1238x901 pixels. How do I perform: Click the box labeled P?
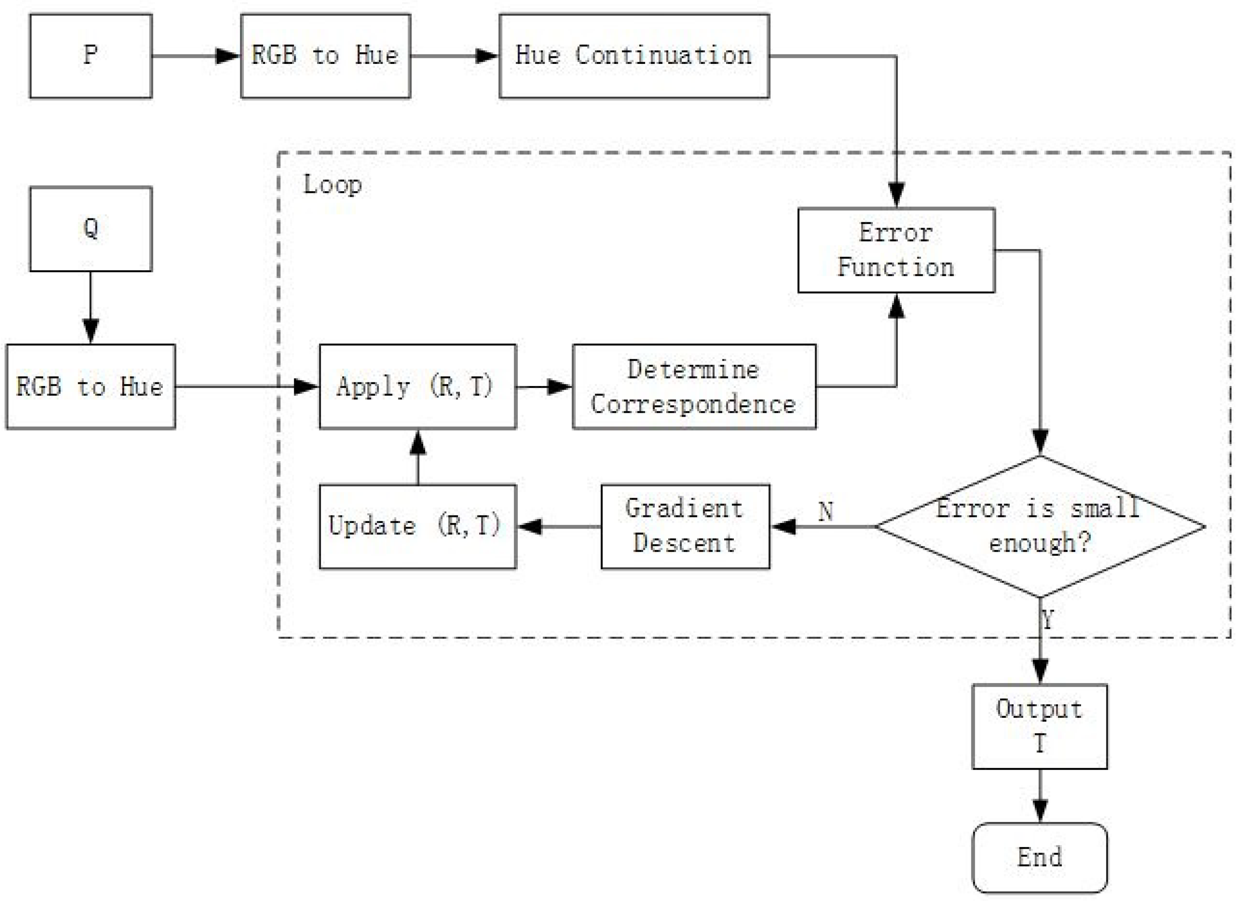(91, 55)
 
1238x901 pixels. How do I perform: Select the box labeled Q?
(91, 229)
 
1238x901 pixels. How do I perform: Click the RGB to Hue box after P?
(325, 55)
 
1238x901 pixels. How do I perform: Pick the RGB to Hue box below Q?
(91, 386)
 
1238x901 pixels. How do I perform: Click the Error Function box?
(896, 250)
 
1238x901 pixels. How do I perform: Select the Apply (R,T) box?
(418, 386)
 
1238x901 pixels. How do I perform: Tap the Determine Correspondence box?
(694, 386)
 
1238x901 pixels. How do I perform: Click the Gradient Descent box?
(685, 526)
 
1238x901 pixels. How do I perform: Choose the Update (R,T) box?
(418, 526)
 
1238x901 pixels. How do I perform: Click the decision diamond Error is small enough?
(1040, 526)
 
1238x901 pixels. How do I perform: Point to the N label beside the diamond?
(825, 511)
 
